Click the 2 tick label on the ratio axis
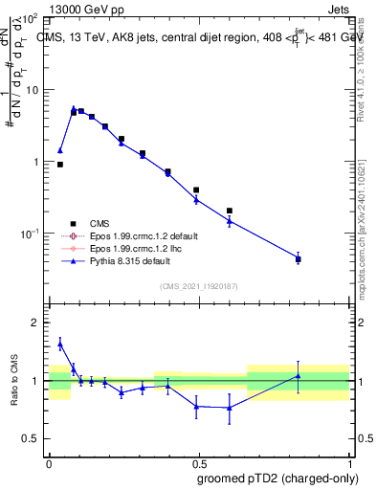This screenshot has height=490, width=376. [36, 323]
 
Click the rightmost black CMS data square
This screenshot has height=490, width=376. [299, 258]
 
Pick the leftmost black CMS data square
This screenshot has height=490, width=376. [60, 165]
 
